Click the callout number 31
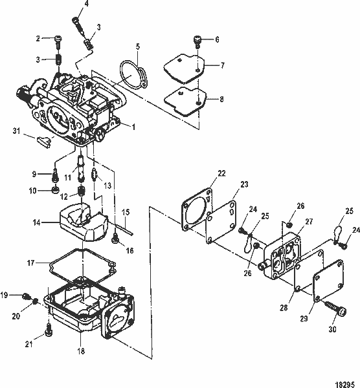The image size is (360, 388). pos(16,133)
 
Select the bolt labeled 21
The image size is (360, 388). pos(48,332)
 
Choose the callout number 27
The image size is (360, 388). pos(309,221)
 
